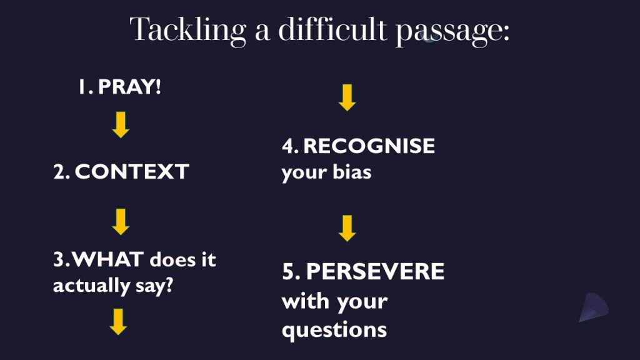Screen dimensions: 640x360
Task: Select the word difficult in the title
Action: [x=332, y=29]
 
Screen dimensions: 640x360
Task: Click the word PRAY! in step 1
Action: [x=130, y=86]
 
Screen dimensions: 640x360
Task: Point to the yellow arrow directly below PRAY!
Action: [x=121, y=125]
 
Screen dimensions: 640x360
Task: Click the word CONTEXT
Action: [x=132, y=171]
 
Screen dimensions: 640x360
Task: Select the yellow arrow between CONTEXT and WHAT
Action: [x=121, y=222]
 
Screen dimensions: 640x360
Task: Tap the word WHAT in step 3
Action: [x=107, y=259]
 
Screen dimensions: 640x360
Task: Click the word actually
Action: [x=91, y=285]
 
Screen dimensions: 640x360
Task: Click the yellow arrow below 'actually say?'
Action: [x=118, y=322]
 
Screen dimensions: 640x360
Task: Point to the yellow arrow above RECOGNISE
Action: [x=347, y=97]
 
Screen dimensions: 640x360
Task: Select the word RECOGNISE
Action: [x=369, y=146]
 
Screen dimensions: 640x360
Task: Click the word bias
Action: [x=352, y=172]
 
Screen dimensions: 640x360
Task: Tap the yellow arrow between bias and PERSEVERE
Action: [x=347, y=228]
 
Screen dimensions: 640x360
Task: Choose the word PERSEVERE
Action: [x=375, y=271]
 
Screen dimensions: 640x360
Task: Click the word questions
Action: [x=334, y=330]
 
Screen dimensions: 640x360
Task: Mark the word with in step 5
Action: [x=306, y=301]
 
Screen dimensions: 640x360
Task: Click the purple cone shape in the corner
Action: [x=594, y=307]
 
